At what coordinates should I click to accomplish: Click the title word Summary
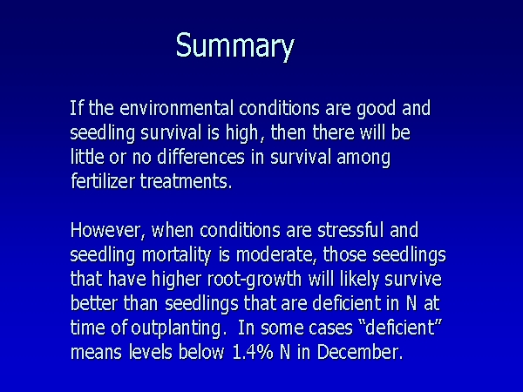[x=235, y=46]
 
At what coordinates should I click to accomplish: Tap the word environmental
[x=176, y=108]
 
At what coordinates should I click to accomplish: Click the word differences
[x=200, y=157]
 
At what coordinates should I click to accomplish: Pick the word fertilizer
[x=103, y=181]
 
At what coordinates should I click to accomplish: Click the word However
[x=105, y=231]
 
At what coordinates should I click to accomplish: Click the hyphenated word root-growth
[x=255, y=280]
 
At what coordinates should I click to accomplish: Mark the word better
[x=94, y=304]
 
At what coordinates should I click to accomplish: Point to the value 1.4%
[x=253, y=352]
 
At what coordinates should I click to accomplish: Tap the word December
[x=358, y=352]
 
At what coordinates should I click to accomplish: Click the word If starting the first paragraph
[x=77, y=108]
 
